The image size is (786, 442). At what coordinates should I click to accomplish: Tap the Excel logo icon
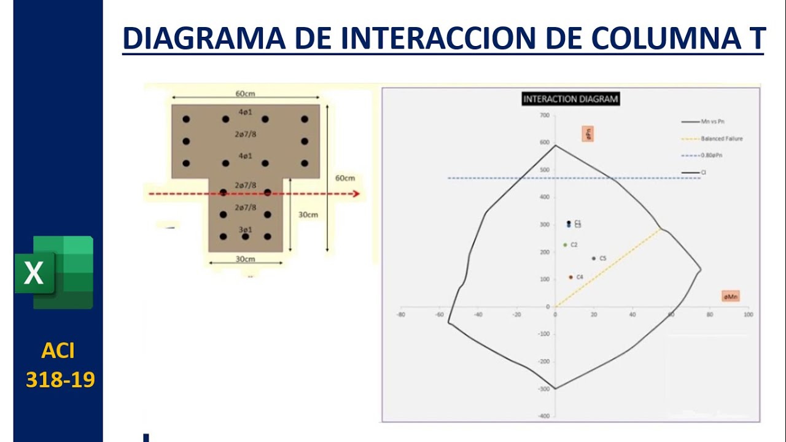point(55,272)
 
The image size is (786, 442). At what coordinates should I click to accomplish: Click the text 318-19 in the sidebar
point(60,380)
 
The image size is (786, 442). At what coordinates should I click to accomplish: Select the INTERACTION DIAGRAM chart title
point(570,99)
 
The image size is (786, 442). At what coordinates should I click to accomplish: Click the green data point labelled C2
point(565,245)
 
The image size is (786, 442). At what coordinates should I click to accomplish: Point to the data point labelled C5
point(594,258)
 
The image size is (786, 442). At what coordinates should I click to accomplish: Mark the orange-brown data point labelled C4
point(570,277)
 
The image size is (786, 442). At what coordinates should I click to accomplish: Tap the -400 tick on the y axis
point(543,416)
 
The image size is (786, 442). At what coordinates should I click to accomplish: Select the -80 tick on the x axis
point(401,315)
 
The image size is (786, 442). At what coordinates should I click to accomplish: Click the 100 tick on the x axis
point(748,315)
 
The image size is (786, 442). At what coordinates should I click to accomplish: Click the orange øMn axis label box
point(731,297)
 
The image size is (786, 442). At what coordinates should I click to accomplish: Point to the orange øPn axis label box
point(588,134)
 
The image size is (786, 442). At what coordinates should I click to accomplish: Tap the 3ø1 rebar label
point(245,230)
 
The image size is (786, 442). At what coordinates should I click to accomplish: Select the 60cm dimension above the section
point(245,94)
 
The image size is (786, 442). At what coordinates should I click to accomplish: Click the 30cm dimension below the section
point(245,259)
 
